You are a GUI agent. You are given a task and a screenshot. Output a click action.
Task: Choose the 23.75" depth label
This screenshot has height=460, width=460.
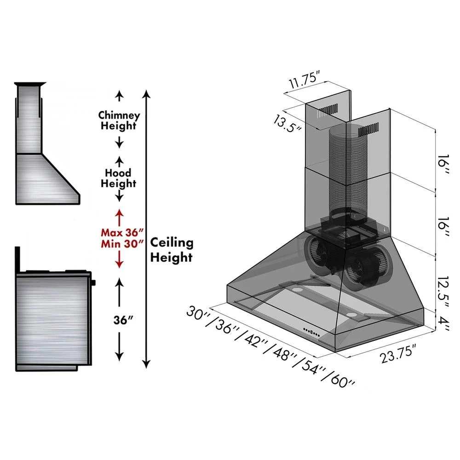point(398,354)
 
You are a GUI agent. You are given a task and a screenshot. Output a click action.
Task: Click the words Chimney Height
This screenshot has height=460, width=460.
point(119,120)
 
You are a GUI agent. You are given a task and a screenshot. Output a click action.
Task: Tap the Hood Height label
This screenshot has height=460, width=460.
point(119,178)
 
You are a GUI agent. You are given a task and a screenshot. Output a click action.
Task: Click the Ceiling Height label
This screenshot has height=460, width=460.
point(172,249)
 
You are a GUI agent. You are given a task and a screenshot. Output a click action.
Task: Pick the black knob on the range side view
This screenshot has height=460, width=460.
point(94,282)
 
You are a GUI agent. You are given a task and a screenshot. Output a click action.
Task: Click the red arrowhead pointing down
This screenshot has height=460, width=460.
point(120,264)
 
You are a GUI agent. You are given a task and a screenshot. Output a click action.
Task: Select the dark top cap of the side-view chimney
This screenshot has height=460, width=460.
point(30,85)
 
